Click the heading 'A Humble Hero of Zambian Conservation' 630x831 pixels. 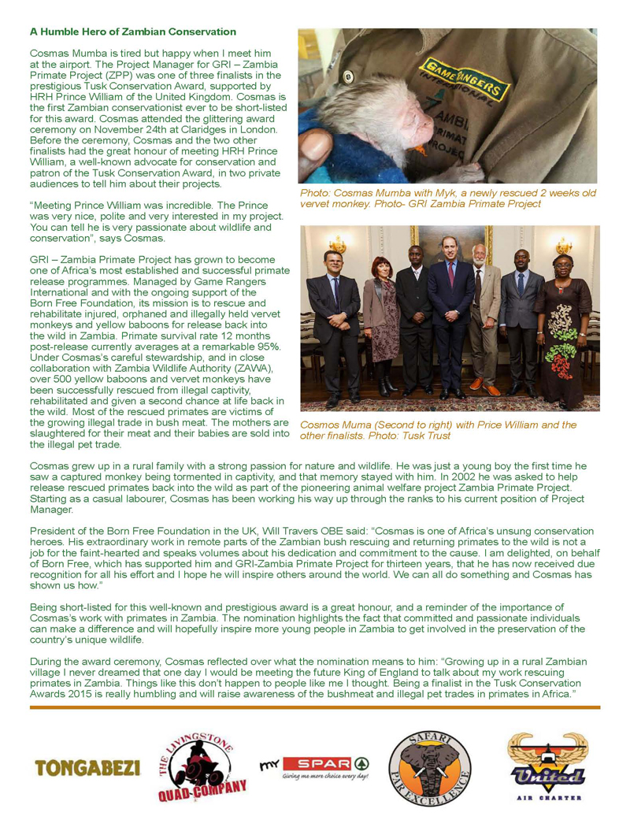132,32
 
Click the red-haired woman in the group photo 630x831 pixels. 380,315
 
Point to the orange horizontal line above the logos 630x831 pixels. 314,707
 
